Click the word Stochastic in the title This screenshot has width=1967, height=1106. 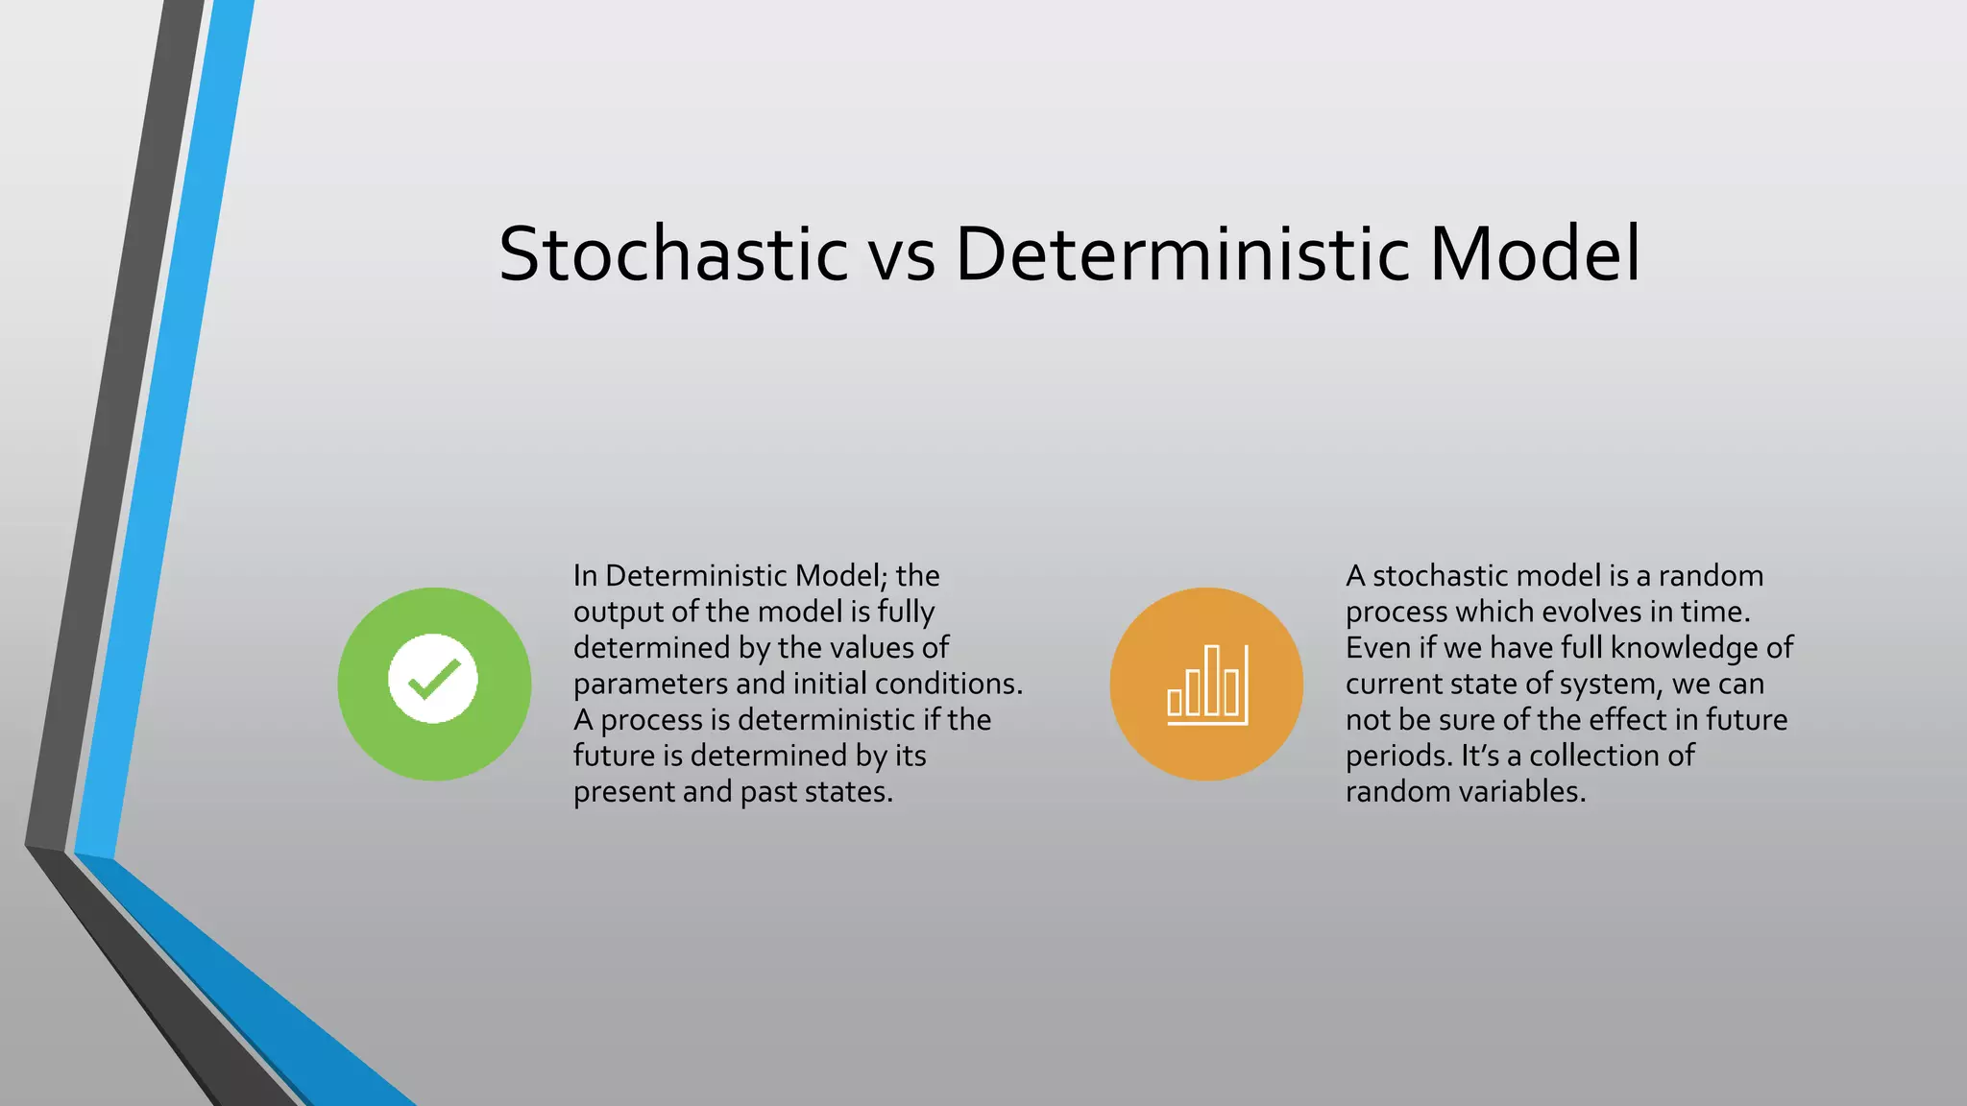pos(673,253)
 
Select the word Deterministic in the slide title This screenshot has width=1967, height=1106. pos(1182,253)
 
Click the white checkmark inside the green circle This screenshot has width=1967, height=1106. pos(433,680)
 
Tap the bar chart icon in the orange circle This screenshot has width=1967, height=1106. pos(1207,685)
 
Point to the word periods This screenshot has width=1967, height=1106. pos(1399,757)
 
